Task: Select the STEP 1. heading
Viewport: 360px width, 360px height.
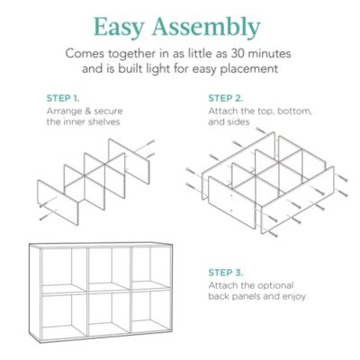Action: pos(62,97)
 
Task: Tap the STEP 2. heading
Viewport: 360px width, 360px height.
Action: pos(224,97)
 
